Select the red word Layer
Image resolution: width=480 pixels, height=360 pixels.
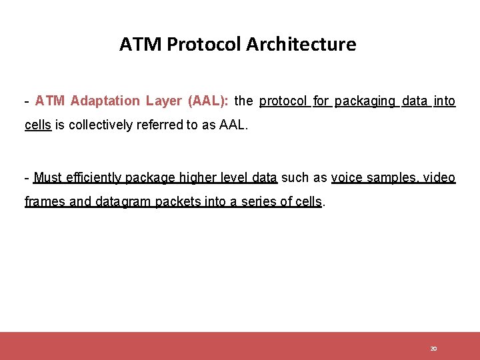coord(165,101)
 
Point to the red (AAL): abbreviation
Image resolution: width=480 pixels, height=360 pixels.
coord(209,101)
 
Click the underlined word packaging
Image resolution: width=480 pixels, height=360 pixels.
coord(365,101)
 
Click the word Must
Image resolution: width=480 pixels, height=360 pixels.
coord(47,178)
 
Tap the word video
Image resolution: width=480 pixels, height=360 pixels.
coord(440,178)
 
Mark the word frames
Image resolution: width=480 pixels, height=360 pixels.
coord(45,202)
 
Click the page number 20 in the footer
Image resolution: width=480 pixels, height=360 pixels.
coord(433,349)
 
